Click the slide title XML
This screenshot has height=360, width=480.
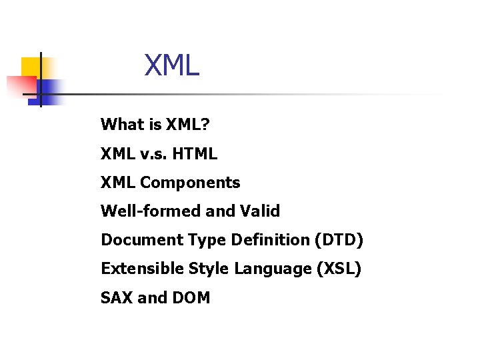[x=172, y=66]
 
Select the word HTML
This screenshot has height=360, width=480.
[x=195, y=154]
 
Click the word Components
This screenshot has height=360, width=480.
[x=190, y=183]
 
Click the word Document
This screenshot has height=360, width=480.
[x=136, y=240]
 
